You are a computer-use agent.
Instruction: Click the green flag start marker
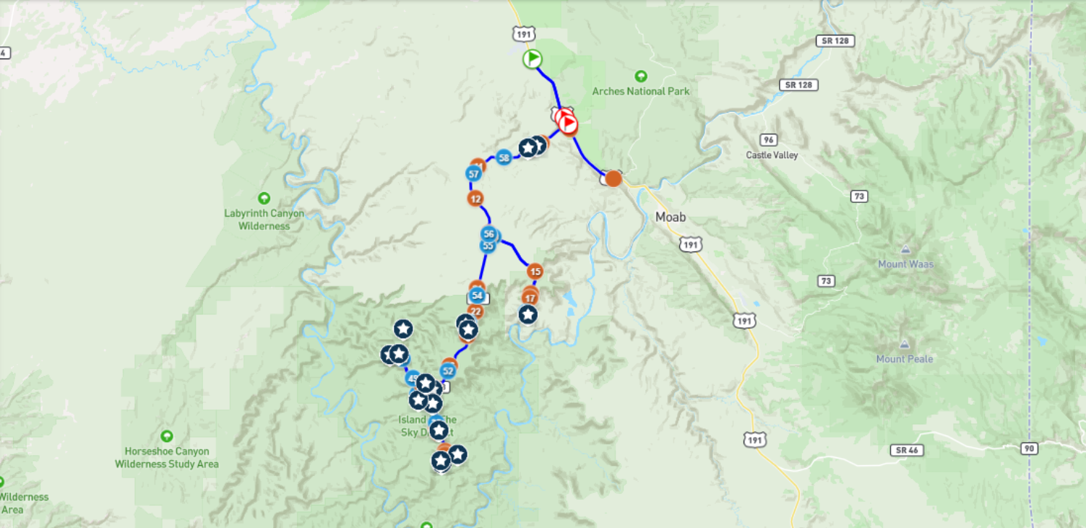point(533,59)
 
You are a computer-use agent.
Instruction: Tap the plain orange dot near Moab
point(613,178)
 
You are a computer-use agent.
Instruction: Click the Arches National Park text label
point(641,91)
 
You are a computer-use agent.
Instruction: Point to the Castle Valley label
point(772,155)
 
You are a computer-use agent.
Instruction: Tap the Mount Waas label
point(905,264)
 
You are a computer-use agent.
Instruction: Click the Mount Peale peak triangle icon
point(905,345)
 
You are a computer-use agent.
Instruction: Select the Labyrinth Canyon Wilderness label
point(264,220)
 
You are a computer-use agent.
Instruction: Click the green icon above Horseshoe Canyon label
point(167,436)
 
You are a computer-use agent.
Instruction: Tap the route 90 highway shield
point(1030,449)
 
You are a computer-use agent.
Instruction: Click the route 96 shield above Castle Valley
point(768,139)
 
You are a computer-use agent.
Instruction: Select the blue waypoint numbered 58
point(504,157)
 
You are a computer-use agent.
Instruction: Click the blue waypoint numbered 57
point(474,174)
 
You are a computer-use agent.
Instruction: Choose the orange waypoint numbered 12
point(475,198)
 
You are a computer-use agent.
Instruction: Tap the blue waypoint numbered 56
point(489,233)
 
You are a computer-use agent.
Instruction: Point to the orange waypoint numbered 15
point(535,272)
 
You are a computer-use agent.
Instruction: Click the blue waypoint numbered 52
point(448,371)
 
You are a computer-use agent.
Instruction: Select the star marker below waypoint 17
point(528,314)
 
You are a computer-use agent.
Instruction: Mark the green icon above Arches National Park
point(640,76)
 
